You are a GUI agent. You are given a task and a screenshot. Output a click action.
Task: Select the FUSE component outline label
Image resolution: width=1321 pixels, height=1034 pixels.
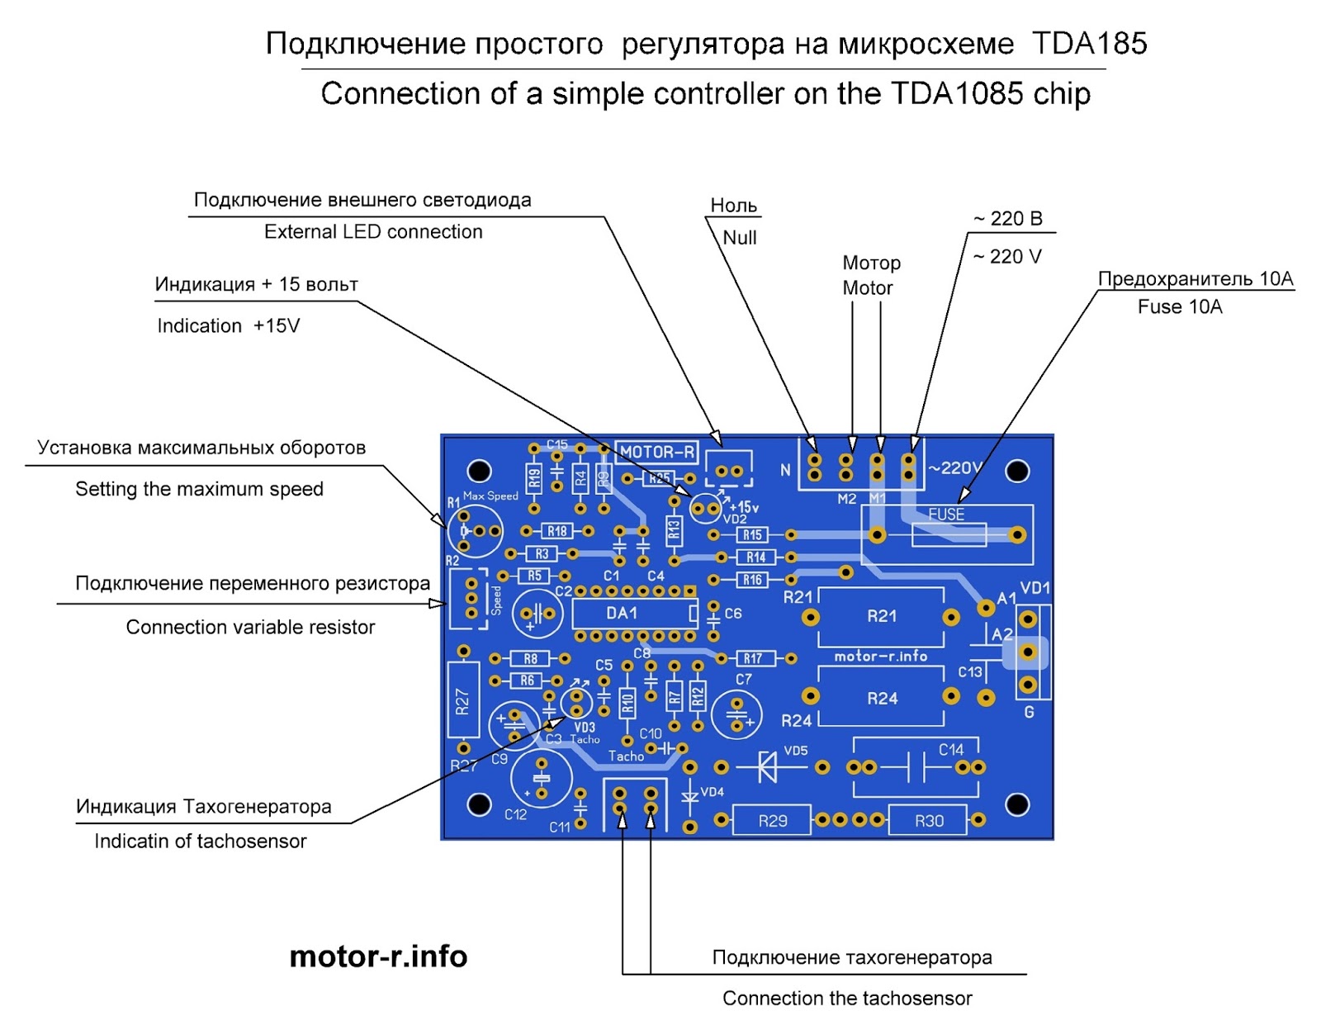click(946, 515)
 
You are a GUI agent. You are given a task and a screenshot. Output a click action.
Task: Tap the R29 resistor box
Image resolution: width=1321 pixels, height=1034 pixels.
click(772, 820)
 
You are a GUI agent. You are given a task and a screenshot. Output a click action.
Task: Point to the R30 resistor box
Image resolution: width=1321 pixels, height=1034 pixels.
click(928, 820)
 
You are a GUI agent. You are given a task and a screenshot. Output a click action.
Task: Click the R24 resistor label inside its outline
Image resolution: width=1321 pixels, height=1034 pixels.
click(882, 699)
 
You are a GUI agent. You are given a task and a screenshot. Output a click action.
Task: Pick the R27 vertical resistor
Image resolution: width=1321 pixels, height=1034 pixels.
click(463, 700)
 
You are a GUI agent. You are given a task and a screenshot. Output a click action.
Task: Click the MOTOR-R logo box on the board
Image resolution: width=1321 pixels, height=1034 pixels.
click(657, 452)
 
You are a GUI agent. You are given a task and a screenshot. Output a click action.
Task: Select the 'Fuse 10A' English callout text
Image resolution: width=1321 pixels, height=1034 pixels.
click(1179, 307)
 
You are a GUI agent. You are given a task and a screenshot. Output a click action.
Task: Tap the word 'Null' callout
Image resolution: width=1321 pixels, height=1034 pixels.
click(739, 238)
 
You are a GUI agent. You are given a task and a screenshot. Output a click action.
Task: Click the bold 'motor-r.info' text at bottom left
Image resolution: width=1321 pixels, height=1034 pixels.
click(378, 956)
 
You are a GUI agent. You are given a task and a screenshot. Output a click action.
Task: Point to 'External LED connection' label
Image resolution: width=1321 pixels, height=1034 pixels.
click(373, 232)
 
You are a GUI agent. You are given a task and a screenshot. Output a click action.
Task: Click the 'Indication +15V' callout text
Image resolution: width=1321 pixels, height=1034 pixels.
click(228, 326)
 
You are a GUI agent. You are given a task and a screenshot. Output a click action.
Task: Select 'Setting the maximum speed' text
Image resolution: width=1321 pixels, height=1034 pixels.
click(199, 489)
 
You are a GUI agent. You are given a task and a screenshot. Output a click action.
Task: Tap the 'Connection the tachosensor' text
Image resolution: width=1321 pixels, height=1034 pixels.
click(847, 998)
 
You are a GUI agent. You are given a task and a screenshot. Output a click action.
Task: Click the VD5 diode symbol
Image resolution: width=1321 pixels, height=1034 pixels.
click(768, 767)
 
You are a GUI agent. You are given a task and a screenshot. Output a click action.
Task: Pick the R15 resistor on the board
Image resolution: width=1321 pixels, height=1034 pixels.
click(751, 535)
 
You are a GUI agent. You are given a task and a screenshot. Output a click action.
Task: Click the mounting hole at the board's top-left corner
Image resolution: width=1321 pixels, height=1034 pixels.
click(479, 471)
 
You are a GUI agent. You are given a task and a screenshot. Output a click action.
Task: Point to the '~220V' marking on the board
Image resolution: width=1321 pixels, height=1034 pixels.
click(955, 468)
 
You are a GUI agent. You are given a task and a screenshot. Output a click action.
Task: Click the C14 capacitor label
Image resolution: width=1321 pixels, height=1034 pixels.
click(951, 750)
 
